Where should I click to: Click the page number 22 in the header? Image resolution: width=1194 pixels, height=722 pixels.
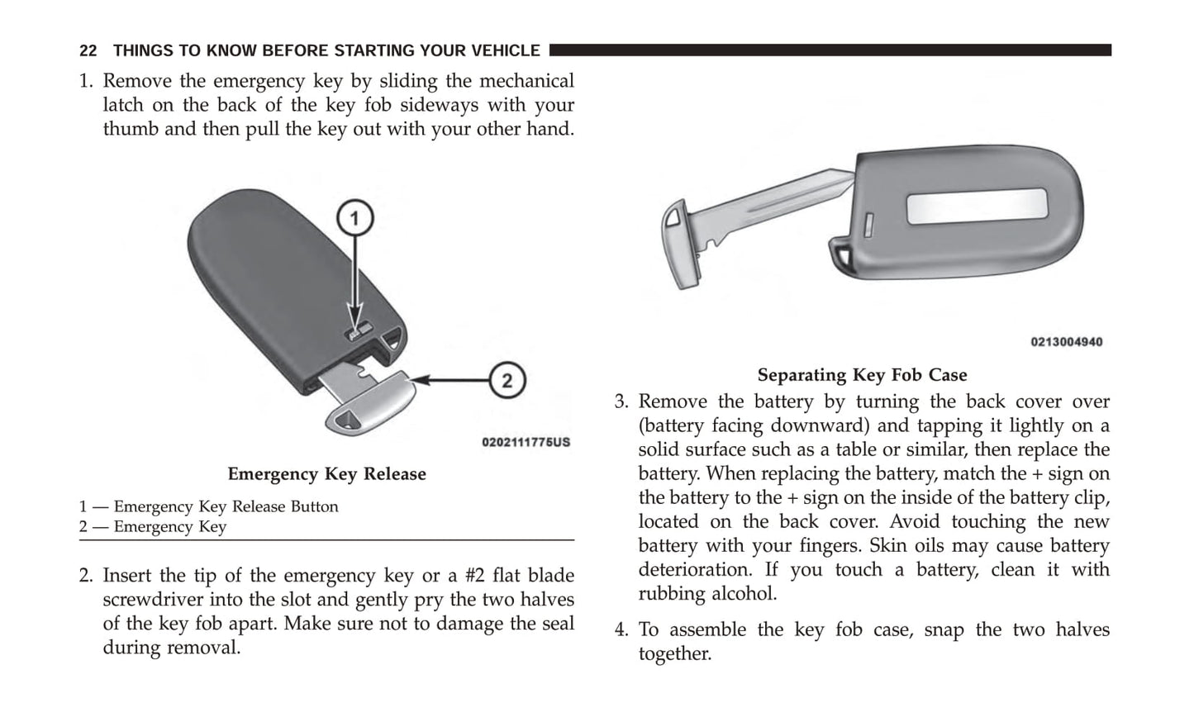[x=88, y=51]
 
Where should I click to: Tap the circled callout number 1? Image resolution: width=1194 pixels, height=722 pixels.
[x=355, y=219]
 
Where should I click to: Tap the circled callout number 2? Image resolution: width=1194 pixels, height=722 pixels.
[x=507, y=381]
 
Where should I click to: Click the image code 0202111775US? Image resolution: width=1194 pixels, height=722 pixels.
[x=526, y=442]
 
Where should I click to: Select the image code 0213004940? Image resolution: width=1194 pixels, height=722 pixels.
[x=1066, y=342]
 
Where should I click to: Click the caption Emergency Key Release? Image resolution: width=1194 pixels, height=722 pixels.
[x=326, y=474]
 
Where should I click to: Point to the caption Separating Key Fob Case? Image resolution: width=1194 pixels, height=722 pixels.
[x=862, y=375]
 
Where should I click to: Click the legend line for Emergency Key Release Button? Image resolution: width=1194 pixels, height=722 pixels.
[x=209, y=506]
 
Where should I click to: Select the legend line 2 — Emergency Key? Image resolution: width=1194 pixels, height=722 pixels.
[x=153, y=527]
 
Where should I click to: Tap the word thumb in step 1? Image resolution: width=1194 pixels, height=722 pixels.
[x=131, y=130]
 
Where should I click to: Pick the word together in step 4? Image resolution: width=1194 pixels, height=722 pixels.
[x=674, y=654]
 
